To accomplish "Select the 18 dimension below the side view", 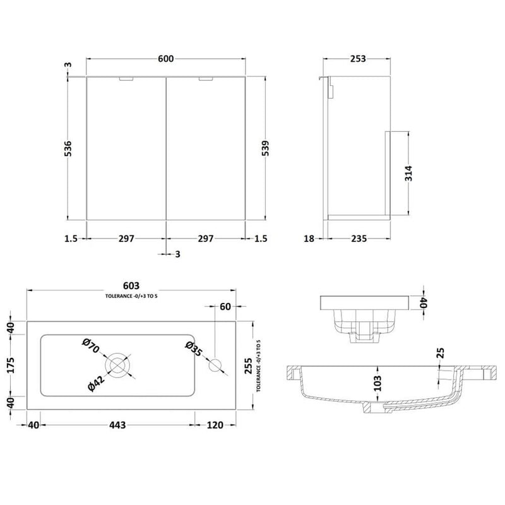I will point(309,239).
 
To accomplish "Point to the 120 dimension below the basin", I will point(215,425).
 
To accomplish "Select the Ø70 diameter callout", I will point(90,347).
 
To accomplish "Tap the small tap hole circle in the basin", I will point(216,364).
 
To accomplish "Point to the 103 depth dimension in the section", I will point(377,383).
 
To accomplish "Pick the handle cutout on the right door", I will point(206,80).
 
